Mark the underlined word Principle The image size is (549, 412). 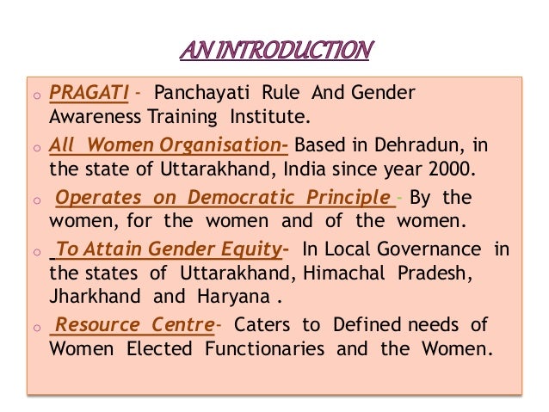coord(349,199)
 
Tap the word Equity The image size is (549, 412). coord(245,250)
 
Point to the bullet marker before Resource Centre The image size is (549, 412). coord(39,327)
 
